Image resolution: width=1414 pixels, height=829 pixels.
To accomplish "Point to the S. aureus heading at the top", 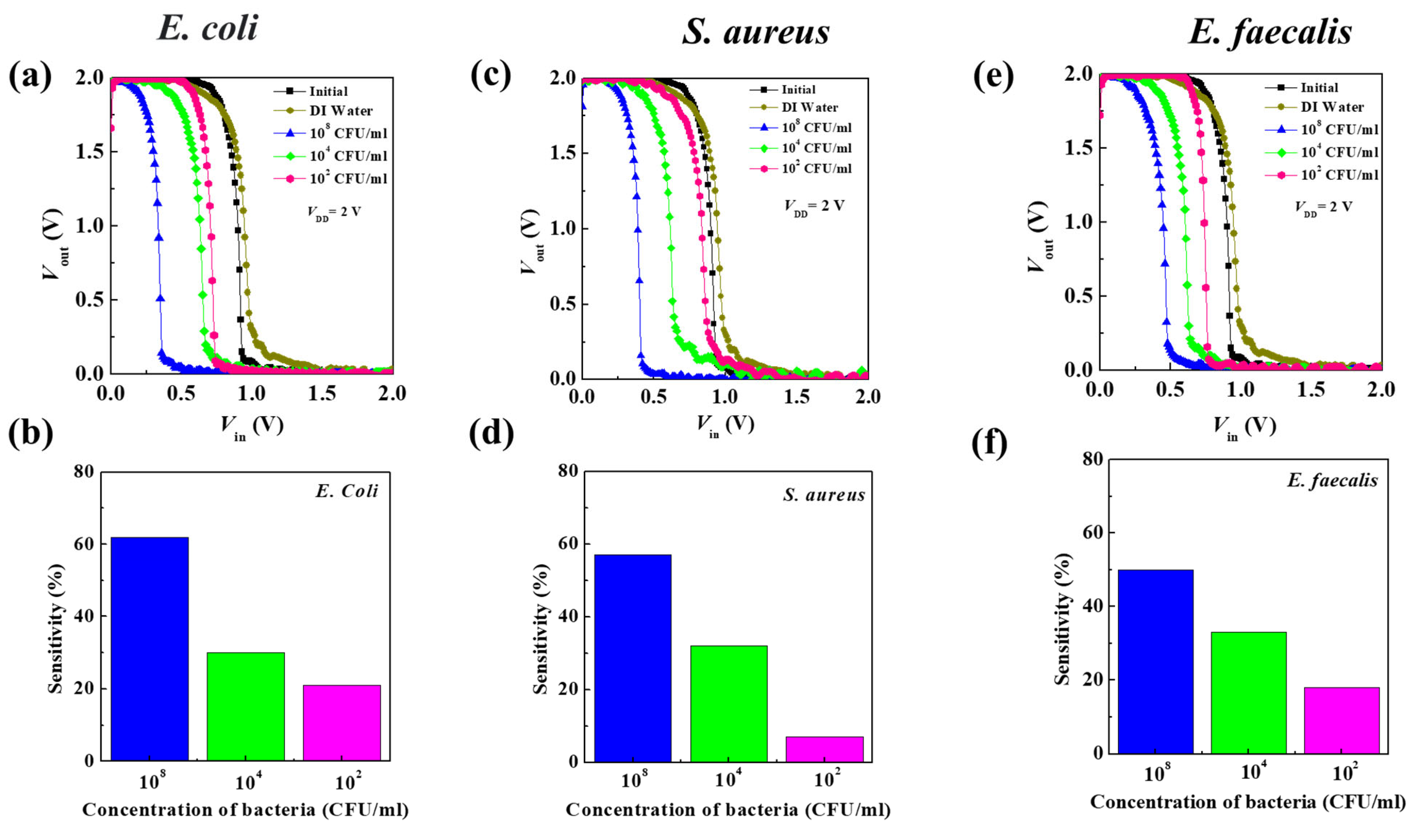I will pos(755,31).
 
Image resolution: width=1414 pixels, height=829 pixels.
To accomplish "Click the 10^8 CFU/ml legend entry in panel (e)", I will pos(1339,130).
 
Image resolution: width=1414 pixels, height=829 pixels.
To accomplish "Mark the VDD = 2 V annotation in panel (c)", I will pos(814,206).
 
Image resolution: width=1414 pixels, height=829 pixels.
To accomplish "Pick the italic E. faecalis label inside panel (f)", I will pos(1332,481).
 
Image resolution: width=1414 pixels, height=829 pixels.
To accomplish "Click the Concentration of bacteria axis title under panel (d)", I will pos(728,809).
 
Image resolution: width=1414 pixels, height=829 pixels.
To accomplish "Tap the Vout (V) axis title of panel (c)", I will pos(530,241).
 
